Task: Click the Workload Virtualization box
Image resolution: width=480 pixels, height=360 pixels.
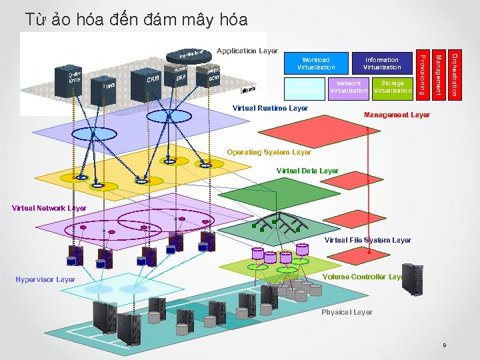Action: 316,63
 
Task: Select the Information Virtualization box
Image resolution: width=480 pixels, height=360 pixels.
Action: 381,63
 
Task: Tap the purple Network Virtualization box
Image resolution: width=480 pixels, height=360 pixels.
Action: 349,87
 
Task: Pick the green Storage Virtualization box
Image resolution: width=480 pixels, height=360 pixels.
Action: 393,87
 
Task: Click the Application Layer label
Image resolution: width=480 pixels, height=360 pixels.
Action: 247,51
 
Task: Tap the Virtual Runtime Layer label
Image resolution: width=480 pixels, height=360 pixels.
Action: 270,107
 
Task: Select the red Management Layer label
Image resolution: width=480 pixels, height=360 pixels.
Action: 397,115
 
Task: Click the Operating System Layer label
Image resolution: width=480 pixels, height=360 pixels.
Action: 269,153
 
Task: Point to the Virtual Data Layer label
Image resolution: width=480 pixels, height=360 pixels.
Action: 307,171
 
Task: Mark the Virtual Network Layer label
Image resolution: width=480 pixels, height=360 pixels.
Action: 49,208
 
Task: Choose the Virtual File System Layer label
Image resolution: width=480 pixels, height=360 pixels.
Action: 367,240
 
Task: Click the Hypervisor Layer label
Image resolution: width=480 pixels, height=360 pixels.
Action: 45,279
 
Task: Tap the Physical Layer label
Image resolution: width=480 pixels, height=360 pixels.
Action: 347,312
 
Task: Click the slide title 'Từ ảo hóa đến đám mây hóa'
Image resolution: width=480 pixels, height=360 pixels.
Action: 136,19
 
